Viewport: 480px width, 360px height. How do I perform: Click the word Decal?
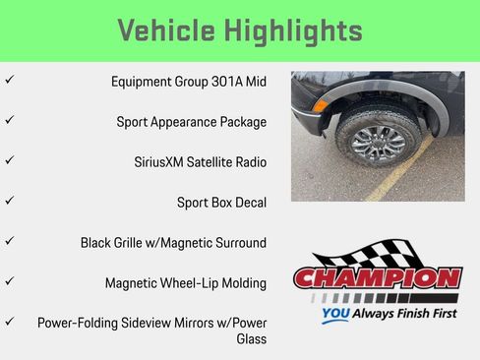(248, 203)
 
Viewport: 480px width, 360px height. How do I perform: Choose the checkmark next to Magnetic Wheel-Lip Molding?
(9, 280)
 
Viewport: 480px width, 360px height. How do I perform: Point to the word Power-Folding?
(80, 323)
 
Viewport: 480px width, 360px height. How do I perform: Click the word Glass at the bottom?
(251, 339)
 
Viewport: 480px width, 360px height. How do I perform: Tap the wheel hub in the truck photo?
(376, 144)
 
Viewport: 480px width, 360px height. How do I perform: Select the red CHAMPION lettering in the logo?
(378, 278)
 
